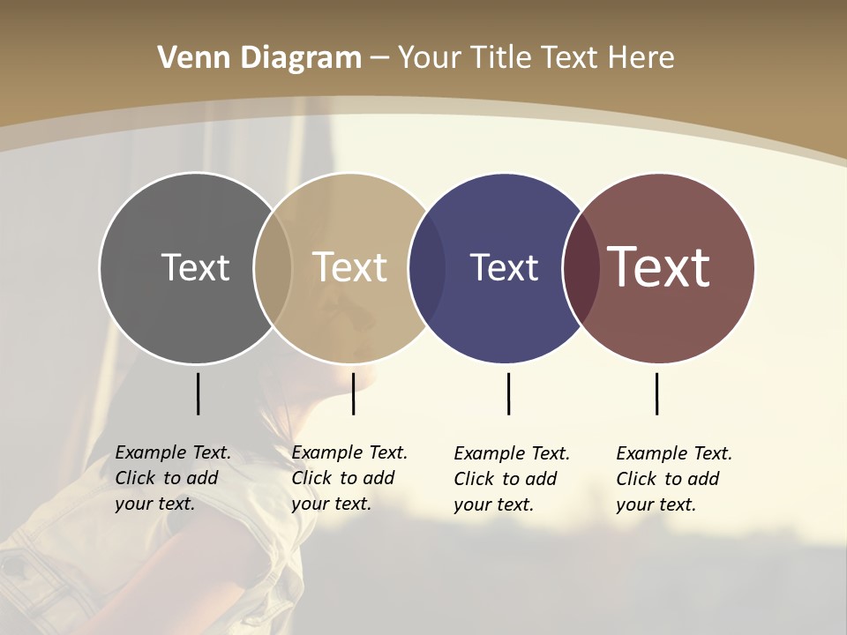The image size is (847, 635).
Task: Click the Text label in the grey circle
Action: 195,267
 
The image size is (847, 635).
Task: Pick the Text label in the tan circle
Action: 350,267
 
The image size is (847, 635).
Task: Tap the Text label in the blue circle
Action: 504,267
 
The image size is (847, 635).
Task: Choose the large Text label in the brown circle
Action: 659,267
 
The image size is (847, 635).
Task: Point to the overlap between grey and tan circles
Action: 273,267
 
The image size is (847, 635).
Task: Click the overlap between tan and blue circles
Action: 427,267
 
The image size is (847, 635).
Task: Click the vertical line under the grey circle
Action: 198,393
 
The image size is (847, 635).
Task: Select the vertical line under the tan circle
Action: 353,393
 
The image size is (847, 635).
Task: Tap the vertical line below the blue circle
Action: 508,393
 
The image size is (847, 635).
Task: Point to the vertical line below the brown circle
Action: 656,393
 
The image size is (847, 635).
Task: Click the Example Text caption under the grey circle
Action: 173,478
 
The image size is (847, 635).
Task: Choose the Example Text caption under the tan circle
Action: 349,478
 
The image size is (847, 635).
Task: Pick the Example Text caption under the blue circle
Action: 512,479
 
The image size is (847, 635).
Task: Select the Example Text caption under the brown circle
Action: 674,479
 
